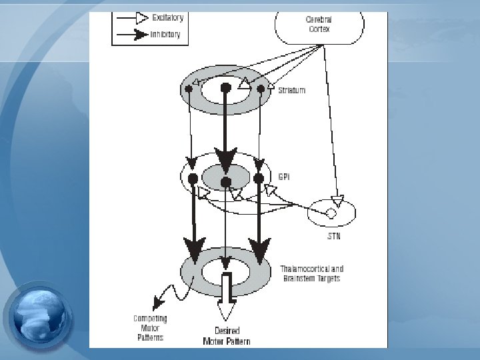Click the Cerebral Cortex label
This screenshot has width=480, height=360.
[x=319, y=25]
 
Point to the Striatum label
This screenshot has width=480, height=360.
[x=291, y=90]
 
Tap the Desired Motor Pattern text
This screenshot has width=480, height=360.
[x=227, y=336]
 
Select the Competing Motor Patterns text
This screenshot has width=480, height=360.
[x=150, y=328]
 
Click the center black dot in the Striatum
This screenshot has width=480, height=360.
[x=226, y=87]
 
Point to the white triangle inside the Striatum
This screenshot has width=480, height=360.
[x=245, y=84]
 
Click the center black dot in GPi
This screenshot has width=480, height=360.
[x=226, y=181]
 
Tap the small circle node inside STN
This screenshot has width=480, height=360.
[x=330, y=213]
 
